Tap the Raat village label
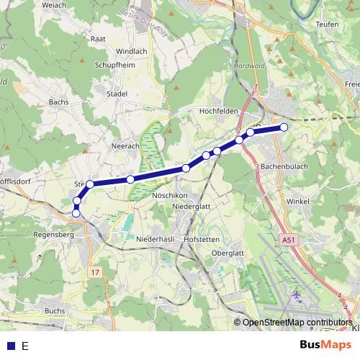(x=119, y=39)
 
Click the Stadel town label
(x=117, y=94)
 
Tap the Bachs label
(x=58, y=102)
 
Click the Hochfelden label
(x=219, y=112)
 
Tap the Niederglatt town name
(x=192, y=207)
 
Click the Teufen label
(x=327, y=24)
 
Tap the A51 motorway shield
(x=289, y=240)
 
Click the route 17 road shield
(x=96, y=272)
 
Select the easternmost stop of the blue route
(x=284, y=127)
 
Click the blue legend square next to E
(x=10, y=346)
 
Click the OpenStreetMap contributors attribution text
(x=297, y=323)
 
